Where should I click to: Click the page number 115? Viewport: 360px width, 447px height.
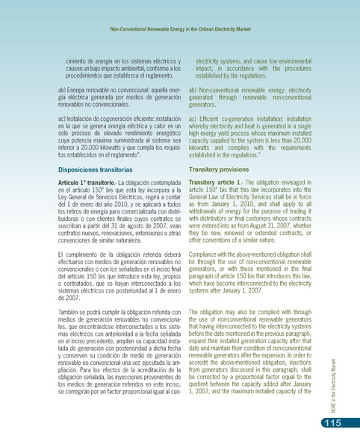(x=332, y=425)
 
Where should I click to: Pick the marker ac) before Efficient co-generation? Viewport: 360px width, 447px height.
(x=193, y=119)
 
